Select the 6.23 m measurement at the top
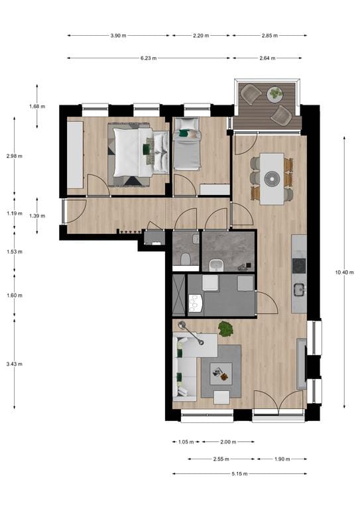pos(149,58)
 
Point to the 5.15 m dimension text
pos(239,473)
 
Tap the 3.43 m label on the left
pos(15,363)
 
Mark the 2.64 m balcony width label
pos(269,58)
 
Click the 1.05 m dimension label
pos(186,442)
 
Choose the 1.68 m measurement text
pos(37,106)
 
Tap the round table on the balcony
pos(274,94)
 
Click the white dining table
pos(271,178)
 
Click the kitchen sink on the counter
pos(299,289)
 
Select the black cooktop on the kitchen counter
pos(299,265)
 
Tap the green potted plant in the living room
pos(226,327)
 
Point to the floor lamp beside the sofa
pos(183,325)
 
